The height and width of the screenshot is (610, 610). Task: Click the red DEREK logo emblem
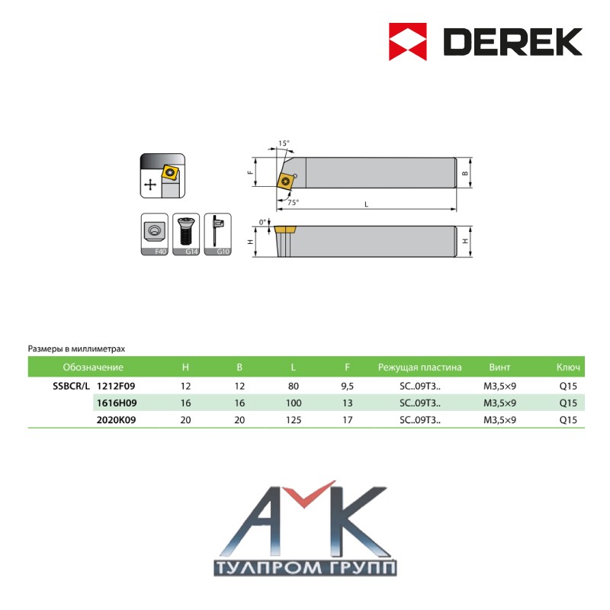click(407, 42)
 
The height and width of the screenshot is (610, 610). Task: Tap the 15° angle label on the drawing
click(284, 143)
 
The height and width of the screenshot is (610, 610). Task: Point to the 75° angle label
click(294, 202)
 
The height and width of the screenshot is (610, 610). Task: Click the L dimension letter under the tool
click(366, 204)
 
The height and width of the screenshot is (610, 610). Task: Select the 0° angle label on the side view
click(263, 222)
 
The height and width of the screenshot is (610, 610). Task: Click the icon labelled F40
click(155, 234)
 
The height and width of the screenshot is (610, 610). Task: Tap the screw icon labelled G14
click(186, 234)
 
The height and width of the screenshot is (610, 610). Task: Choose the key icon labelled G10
click(218, 234)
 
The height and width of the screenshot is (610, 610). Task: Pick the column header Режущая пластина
click(420, 368)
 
